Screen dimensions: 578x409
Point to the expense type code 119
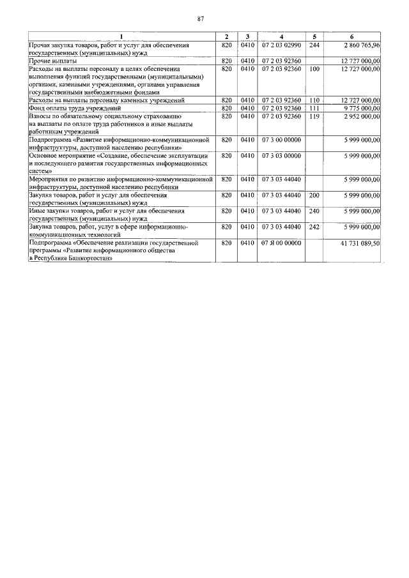click(314, 116)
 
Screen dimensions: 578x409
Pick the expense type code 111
click(314, 109)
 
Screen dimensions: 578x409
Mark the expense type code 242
click(314, 227)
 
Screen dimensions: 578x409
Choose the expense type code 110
click(314, 100)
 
